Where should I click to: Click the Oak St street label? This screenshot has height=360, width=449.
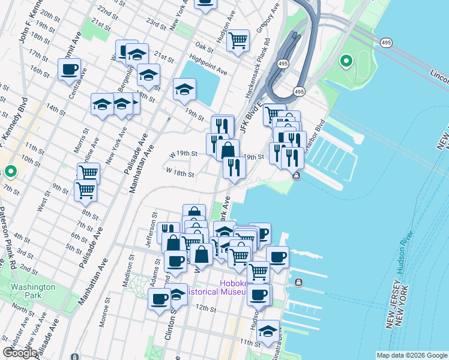pyautogui.click(x=204, y=47)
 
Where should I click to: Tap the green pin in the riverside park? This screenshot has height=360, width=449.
pyautogui.click(x=346, y=61)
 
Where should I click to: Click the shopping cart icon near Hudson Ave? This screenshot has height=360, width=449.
pyautogui.click(x=238, y=41)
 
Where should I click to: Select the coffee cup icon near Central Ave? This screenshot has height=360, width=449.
pyautogui.click(x=69, y=68)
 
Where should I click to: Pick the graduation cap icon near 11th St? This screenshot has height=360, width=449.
pyautogui.click(x=268, y=331)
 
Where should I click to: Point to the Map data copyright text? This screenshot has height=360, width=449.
pyautogui.click(x=411, y=355)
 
